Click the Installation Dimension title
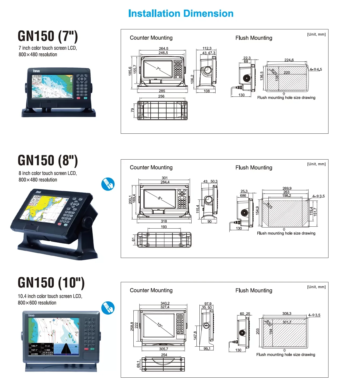[x=181, y=13]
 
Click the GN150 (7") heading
[x=48, y=36]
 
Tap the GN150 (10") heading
[x=51, y=282]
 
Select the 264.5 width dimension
[x=163, y=49]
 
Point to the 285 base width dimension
[x=162, y=91]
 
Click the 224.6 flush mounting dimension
[x=289, y=60]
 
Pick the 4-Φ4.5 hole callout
[x=316, y=69]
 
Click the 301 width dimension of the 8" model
[x=165, y=178]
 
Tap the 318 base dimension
[x=164, y=221]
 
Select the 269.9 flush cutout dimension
[x=287, y=188]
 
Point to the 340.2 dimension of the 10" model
[x=165, y=303]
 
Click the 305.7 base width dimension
[x=164, y=349]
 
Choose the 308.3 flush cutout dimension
[x=287, y=313]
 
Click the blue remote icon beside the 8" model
[x=108, y=184]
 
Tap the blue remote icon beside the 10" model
[x=108, y=308]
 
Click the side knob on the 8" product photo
[x=87, y=222]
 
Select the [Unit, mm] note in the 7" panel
[x=316, y=34]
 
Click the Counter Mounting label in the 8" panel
[x=151, y=167]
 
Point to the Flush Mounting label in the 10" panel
[x=254, y=290]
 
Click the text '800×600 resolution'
[x=37, y=303]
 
